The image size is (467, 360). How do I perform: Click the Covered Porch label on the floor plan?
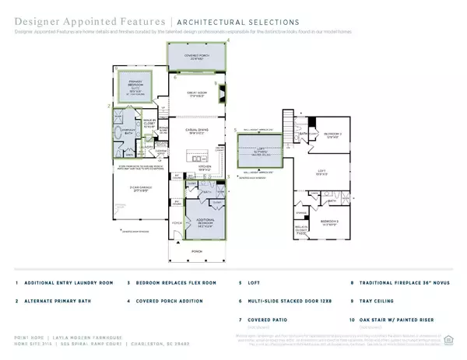tap(196, 57)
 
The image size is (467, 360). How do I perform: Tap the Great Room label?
tap(196, 95)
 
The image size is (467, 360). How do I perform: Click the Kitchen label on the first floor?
tap(196, 167)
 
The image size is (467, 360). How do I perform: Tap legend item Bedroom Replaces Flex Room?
tap(169, 283)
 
